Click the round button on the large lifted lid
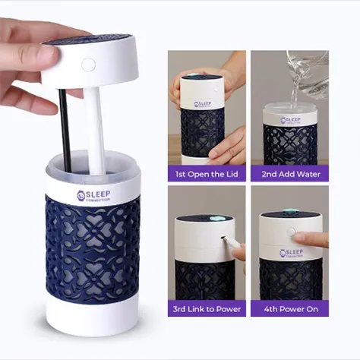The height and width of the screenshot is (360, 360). coord(89,65)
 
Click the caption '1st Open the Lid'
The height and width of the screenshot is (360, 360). coord(207,174)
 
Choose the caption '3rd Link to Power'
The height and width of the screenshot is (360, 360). coord(207,309)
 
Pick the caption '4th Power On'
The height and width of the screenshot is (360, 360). coord(289,309)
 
